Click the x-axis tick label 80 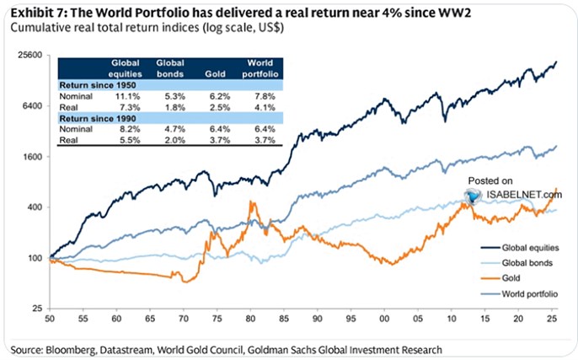click(252, 321)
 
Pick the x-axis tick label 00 click(385, 321)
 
